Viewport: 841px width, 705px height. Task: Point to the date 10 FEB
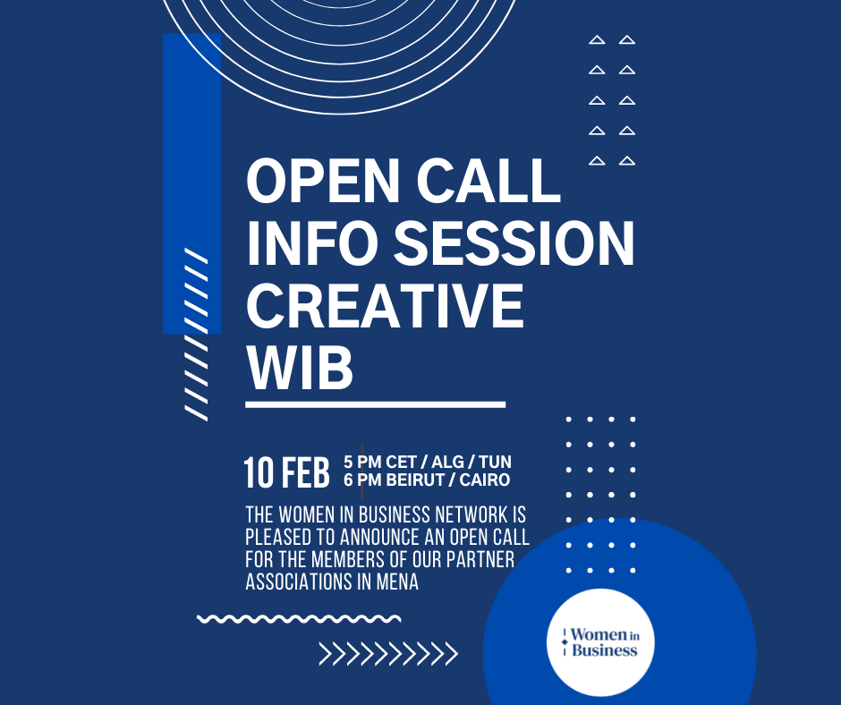(286, 472)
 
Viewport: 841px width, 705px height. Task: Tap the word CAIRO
(485, 480)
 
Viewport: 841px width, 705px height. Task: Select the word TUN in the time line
(495, 462)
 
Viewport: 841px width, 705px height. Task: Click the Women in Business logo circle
(600, 642)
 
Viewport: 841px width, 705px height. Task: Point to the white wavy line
(299, 619)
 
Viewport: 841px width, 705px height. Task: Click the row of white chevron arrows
(388, 654)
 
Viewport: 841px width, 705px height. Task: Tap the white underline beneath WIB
(376, 404)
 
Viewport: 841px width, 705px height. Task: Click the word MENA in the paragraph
(397, 582)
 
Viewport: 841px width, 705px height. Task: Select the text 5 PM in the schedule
(362, 462)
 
